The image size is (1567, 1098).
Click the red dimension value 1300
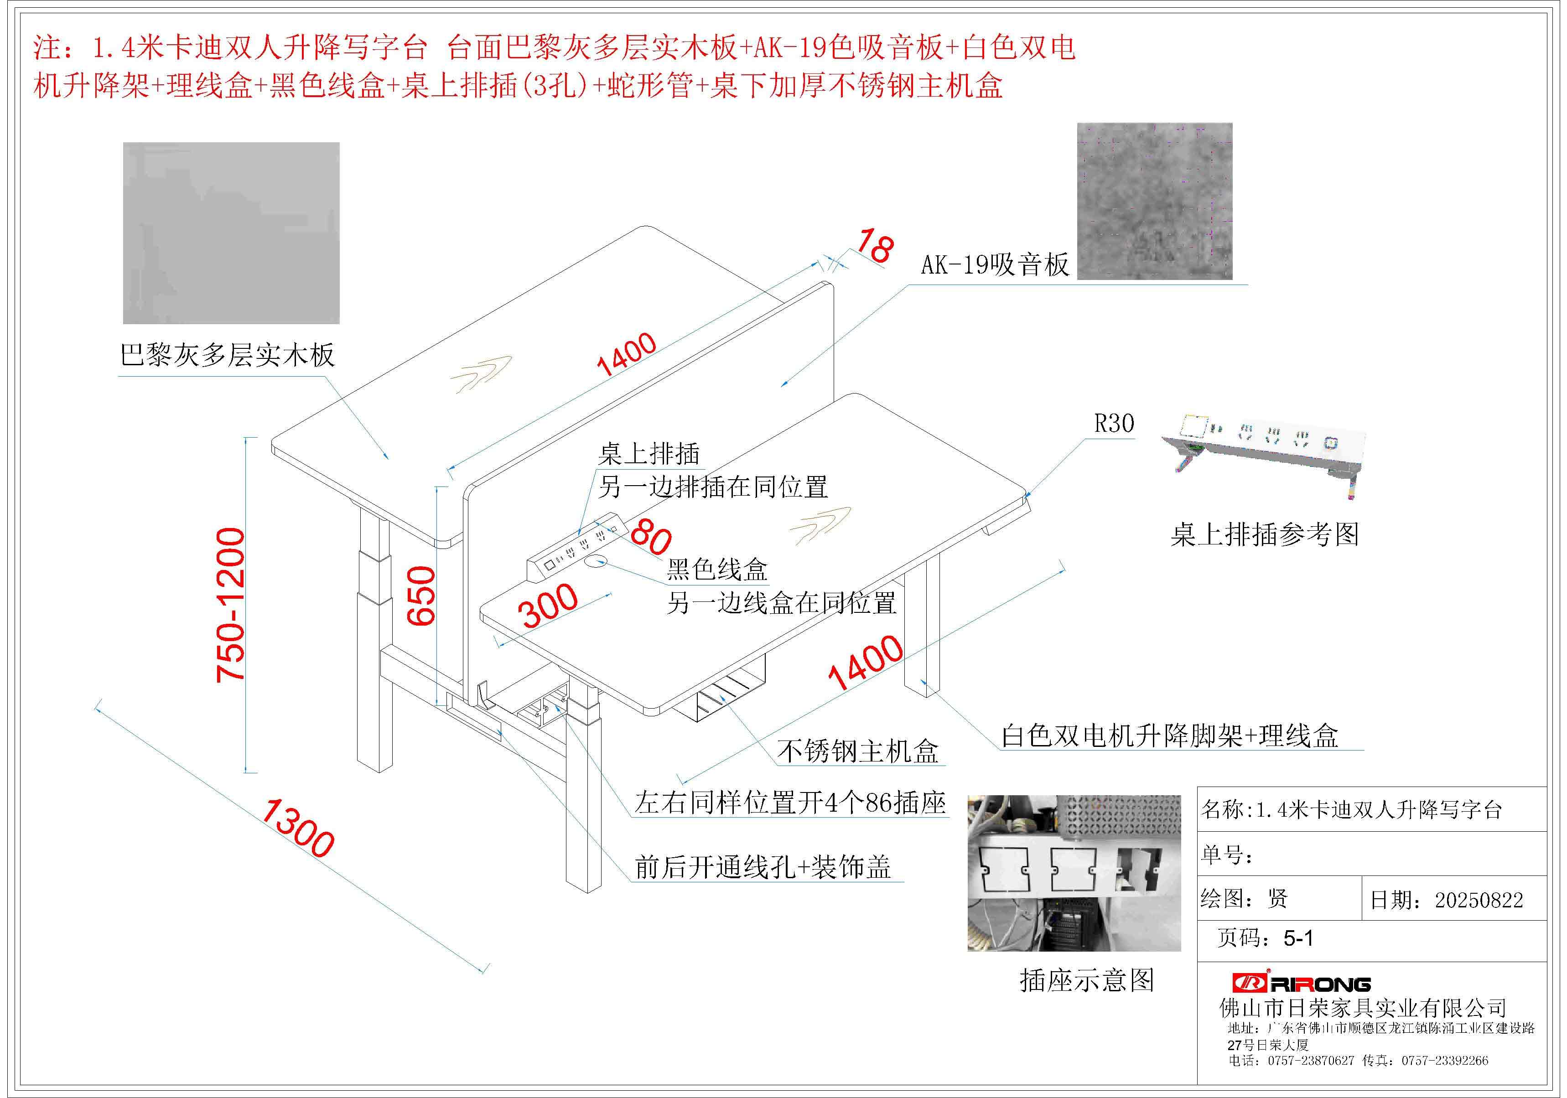[x=297, y=828]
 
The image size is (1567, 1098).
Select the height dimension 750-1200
[x=230, y=605]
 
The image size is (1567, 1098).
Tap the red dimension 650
[x=420, y=596]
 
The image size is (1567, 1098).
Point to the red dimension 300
[x=550, y=606]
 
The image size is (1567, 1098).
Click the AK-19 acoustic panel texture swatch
[x=1155, y=201]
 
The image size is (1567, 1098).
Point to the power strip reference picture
[x=1263, y=454]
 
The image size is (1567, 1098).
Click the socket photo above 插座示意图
[x=1074, y=873]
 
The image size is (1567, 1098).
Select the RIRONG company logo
[x=1302, y=984]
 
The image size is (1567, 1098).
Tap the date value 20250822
[x=1479, y=900]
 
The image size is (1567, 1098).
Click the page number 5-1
[x=1299, y=938]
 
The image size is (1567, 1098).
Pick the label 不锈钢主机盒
[x=858, y=751]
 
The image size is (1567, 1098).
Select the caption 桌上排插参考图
[x=1265, y=534]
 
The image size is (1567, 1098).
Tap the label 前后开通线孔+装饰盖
[x=763, y=867]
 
